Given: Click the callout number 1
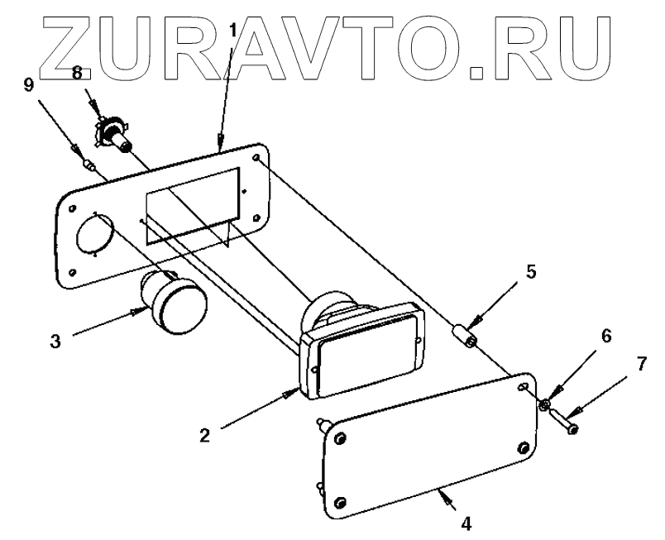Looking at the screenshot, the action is pyautogui.click(x=232, y=31).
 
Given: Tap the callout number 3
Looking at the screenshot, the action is pyautogui.click(x=55, y=341).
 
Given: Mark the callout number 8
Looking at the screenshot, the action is pyautogui.click(x=77, y=74).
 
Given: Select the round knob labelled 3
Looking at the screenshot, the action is pyautogui.click(x=176, y=307).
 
